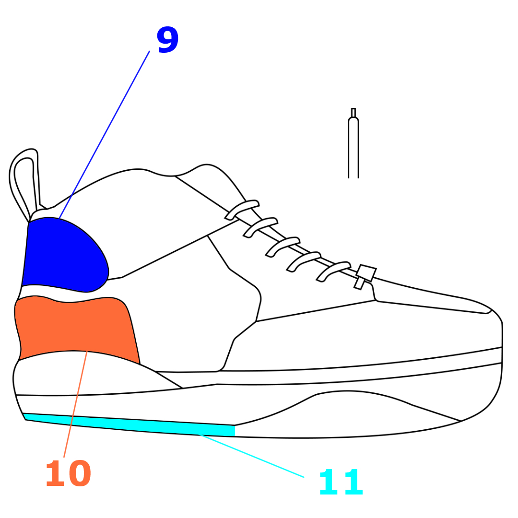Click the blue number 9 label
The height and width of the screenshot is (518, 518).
[x=168, y=40]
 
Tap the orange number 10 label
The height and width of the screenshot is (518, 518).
[x=69, y=473]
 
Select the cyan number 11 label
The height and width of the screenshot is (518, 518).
[x=341, y=483]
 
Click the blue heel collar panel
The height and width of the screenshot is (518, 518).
[x=65, y=255]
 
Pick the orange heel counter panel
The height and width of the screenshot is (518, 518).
[x=77, y=329]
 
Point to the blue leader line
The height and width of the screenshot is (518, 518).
[x=104, y=135]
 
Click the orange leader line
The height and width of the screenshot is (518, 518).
[x=75, y=404]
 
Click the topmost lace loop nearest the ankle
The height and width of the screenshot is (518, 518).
[x=242, y=210]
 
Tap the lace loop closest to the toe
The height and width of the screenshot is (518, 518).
[x=333, y=271]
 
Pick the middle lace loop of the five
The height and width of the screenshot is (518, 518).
[x=283, y=247]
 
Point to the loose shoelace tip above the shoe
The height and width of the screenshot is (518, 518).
[x=353, y=143]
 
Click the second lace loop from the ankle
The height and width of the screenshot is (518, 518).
[x=260, y=228]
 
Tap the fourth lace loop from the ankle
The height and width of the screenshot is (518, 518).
[x=304, y=262]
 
